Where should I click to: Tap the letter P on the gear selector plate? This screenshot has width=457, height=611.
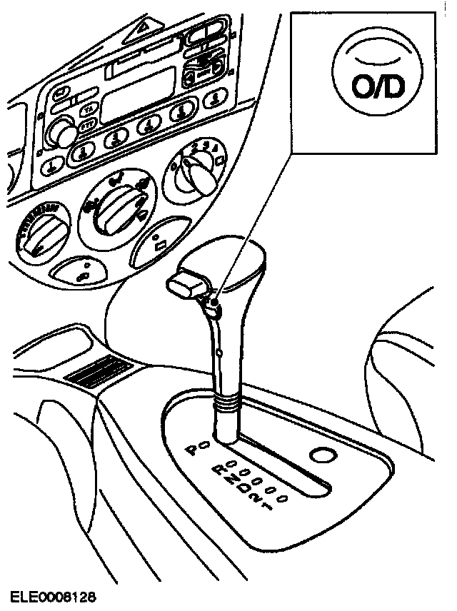191,450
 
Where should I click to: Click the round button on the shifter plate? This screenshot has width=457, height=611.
323,455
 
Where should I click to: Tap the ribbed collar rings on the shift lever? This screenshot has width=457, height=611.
227,408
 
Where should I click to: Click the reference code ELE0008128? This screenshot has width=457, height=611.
54,595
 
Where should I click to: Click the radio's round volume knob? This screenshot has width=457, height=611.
63,132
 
